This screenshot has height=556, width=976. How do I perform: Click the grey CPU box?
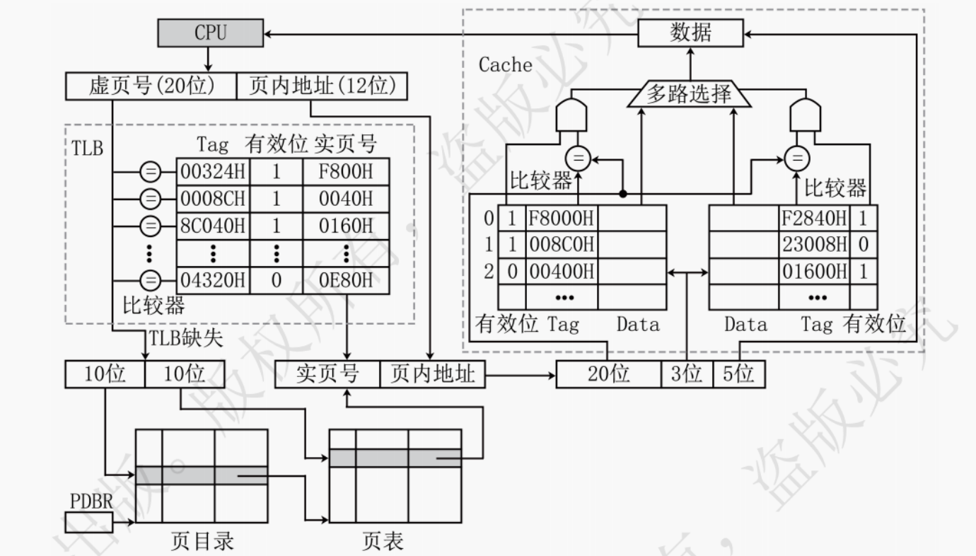210,32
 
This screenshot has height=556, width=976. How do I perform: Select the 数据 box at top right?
690,33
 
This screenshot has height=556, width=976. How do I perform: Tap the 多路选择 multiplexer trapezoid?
689,95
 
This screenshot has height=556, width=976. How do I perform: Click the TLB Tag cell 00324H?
212,172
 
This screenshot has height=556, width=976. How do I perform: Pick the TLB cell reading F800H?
346,172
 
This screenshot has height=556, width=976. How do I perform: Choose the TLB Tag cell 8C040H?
212,226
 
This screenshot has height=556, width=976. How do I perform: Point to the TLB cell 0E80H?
346,280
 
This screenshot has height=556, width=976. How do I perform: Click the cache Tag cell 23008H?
814,245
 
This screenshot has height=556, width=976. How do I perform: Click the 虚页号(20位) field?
150,86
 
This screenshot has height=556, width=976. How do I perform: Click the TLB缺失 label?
185,339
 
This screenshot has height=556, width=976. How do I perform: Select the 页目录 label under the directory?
202,541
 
